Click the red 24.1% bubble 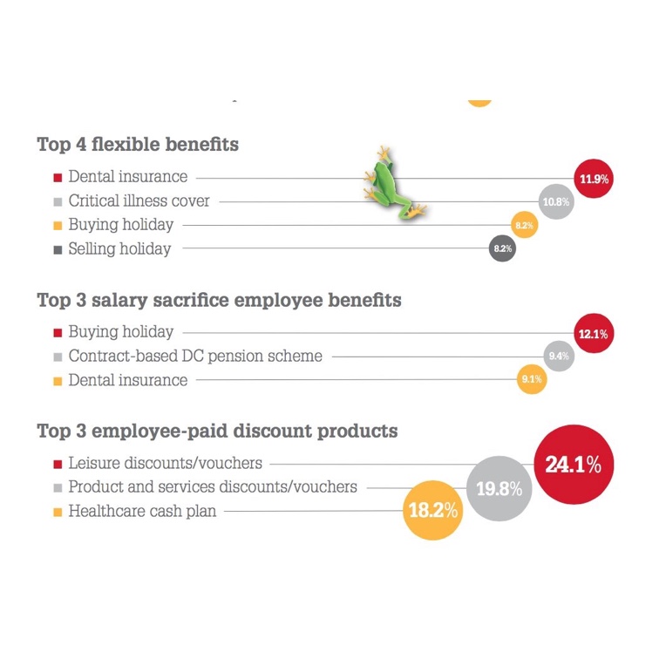coord(573,465)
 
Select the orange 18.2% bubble coord(433,511)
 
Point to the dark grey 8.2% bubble coord(503,249)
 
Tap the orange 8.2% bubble coord(524,225)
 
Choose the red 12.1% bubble coord(593,333)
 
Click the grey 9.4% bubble coord(558,356)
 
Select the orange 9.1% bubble coord(532,380)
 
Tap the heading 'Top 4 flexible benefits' coord(138,145)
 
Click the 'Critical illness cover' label coord(139,200)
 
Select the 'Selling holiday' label coord(119,249)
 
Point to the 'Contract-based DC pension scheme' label coord(195,356)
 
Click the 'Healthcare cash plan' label coord(142,512)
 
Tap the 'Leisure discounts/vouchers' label coord(165,463)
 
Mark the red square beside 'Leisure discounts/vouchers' coord(58,464)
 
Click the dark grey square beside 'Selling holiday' coord(58,250)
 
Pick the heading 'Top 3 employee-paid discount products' coord(217,432)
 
